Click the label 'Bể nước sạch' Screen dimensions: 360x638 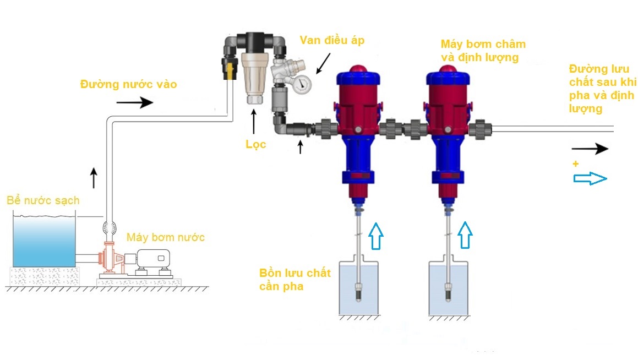(43, 200)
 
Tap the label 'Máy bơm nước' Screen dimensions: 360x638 (166, 237)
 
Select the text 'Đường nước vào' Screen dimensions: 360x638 (129, 84)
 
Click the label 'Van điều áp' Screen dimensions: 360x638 (332, 40)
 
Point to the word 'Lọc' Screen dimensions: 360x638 (256, 144)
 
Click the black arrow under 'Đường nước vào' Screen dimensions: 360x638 (135, 102)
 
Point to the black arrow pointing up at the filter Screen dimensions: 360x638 (254, 121)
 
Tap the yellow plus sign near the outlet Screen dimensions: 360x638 (576, 163)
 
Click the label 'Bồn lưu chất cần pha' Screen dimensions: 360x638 (295, 280)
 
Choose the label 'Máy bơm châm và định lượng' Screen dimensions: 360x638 (483, 50)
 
